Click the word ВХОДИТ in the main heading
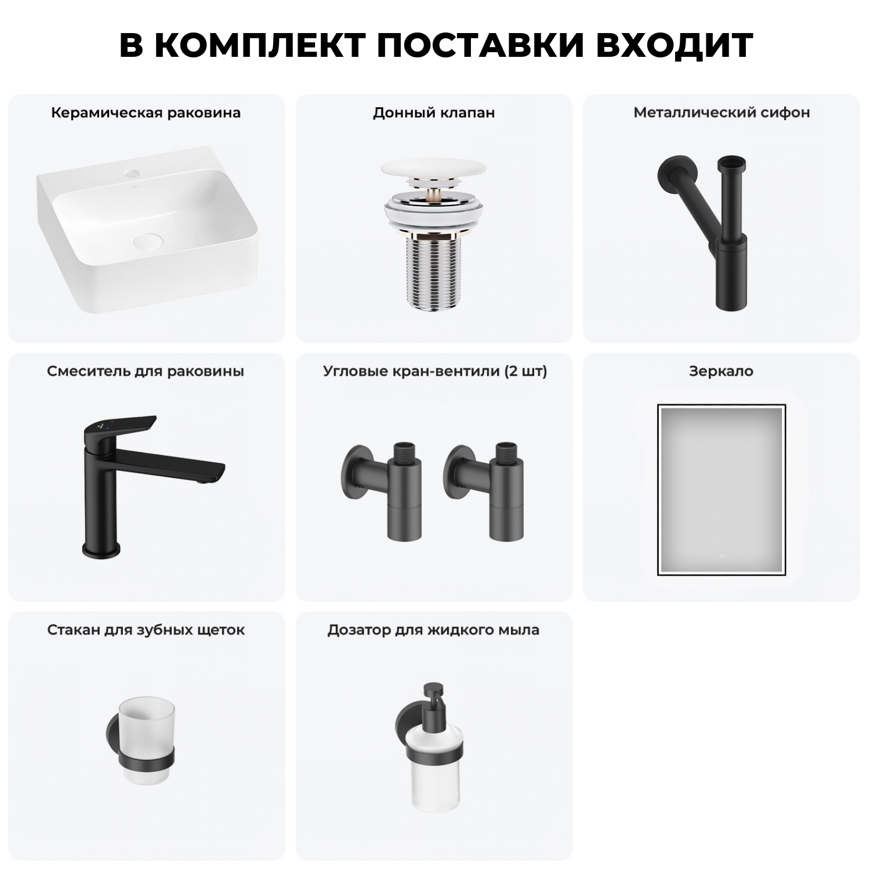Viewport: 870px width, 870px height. pos(674,45)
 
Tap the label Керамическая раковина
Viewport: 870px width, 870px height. pos(146,113)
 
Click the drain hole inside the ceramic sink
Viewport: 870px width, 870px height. pos(149,241)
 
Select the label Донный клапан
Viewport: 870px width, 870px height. pos(434,113)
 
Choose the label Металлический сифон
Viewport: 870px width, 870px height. pos(722,113)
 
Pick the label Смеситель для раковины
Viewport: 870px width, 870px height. pos(146,371)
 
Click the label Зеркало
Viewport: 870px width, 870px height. pos(721,371)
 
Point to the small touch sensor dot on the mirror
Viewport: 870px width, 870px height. pos(721,556)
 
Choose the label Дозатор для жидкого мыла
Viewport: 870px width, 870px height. pos(433,630)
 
